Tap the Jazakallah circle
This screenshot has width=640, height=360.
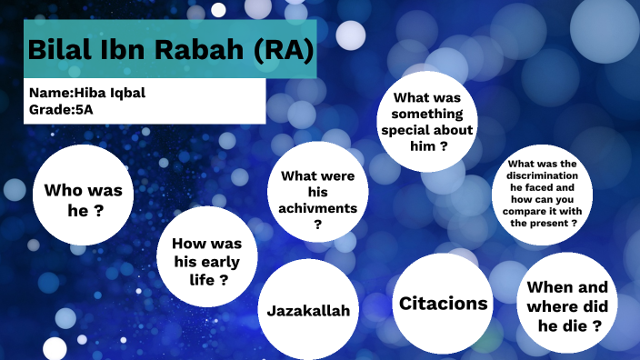click(x=308, y=309)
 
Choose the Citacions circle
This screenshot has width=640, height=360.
click(x=444, y=303)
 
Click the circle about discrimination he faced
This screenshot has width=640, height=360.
click(x=544, y=194)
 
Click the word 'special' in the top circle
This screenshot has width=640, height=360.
click(x=428, y=129)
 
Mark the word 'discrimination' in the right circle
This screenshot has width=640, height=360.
click(x=544, y=175)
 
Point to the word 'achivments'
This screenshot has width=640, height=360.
click(x=317, y=208)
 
